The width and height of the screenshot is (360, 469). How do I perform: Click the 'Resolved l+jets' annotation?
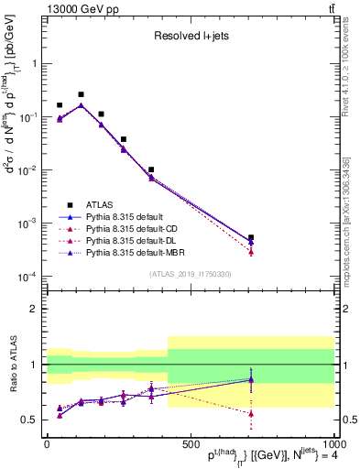point(190,37)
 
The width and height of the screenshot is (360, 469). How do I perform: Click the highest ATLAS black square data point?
point(81,94)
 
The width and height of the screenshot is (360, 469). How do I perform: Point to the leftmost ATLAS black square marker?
point(60,105)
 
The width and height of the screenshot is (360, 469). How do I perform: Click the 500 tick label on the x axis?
point(190,443)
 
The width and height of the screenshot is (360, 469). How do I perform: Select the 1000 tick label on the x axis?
point(331,443)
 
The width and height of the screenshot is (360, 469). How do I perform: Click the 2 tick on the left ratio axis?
point(35,309)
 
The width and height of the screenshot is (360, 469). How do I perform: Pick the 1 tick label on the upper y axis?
point(35,64)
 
